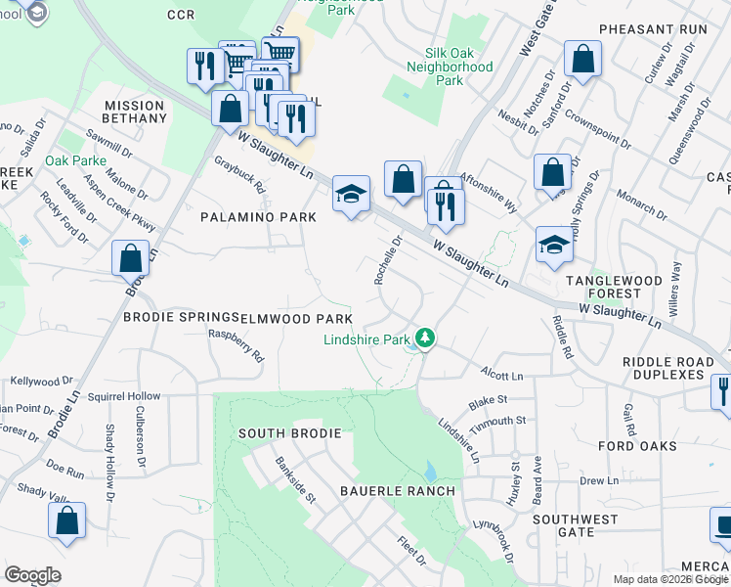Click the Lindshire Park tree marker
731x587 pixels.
tap(424, 339)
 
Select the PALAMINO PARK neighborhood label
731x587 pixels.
tap(258, 216)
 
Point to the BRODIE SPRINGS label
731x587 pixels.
tap(180, 317)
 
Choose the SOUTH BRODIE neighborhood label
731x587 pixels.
tap(289, 432)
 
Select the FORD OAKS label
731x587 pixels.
tap(637, 446)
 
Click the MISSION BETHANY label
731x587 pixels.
tap(135, 112)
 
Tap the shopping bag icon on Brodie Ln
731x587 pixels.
tap(130, 258)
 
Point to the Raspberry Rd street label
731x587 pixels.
tap(236, 344)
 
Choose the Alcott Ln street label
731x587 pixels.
tap(502, 374)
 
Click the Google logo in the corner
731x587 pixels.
tap(32, 575)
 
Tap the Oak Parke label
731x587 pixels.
tap(75, 160)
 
